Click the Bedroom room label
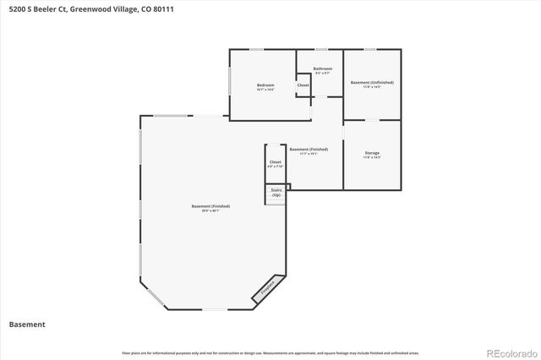coord(265,85)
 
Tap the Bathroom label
coord(322,68)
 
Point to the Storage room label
coord(372,154)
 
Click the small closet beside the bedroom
coord(303,85)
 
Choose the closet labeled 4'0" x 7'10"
coord(275,162)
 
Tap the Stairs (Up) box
coord(276,193)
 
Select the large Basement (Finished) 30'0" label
coord(210,206)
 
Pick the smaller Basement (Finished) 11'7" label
coord(309,150)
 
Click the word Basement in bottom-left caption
coord(27,324)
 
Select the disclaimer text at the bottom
coord(270,352)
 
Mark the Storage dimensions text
coord(372,158)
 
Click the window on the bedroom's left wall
coord(230,80)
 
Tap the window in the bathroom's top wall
coord(322,50)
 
